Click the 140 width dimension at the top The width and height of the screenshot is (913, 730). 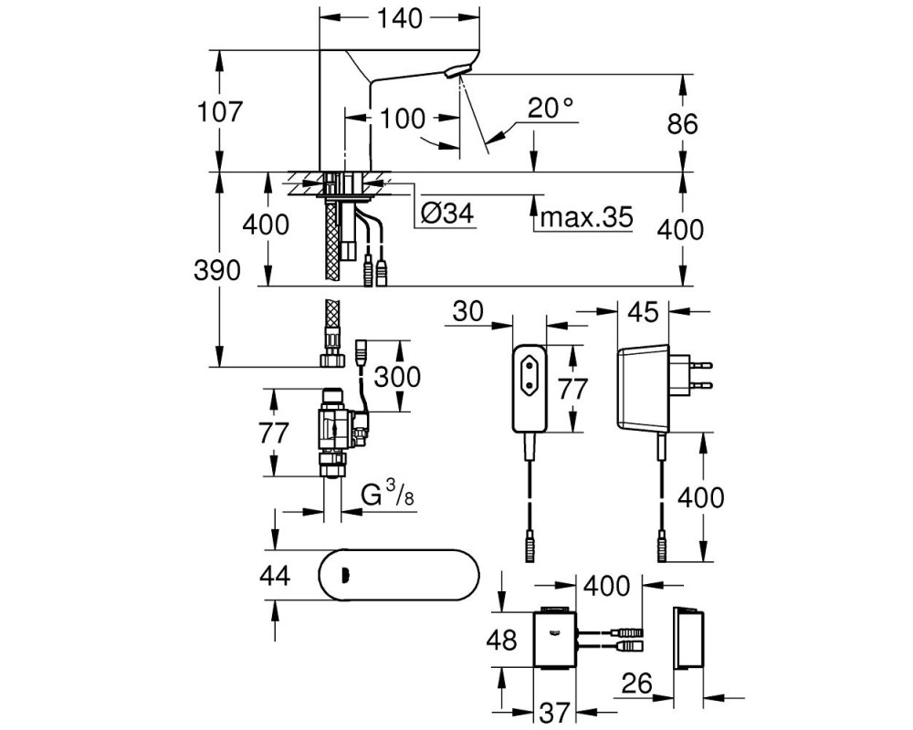tap(400, 18)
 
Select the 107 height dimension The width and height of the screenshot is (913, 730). tap(218, 111)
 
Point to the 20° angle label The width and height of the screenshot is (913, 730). tap(551, 109)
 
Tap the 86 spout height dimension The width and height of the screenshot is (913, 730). tap(682, 124)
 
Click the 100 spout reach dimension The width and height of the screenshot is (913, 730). tap(403, 119)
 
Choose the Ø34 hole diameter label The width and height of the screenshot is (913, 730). tap(447, 214)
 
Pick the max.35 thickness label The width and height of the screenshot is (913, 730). tap(586, 217)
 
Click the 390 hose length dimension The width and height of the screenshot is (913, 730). tap(216, 271)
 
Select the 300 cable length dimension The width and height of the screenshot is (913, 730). tap(397, 377)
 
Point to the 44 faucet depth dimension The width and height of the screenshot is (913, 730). tap(275, 577)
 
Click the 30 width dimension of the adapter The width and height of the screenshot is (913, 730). tap(468, 311)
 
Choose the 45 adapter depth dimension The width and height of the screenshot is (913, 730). tap(643, 313)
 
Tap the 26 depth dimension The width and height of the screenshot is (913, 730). tap(636, 683)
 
